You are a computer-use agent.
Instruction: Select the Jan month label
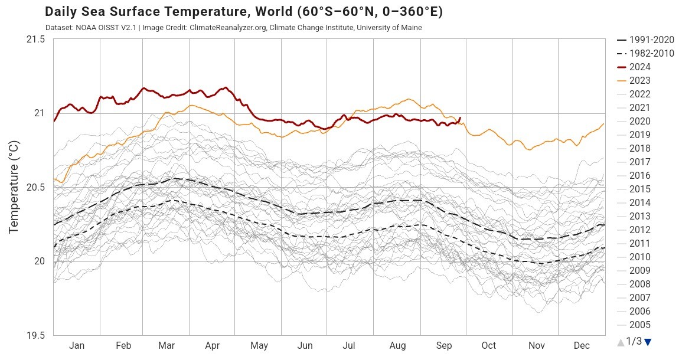coord(77,346)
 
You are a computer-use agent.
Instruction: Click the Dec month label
coord(582,346)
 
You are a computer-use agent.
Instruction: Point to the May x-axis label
coord(259,346)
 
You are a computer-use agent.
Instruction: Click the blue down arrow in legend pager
coord(648,342)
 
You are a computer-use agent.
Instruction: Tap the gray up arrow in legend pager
coord(620,342)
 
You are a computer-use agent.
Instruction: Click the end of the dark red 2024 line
coord(460,117)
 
